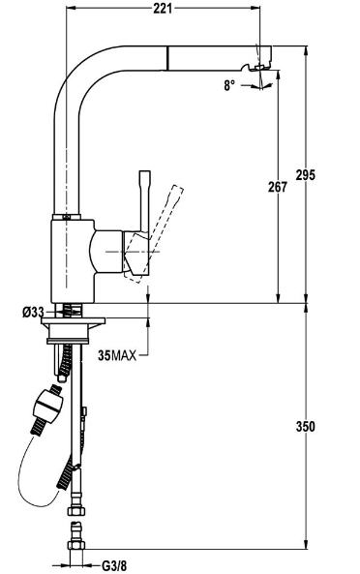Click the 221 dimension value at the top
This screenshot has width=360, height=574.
tap(162, 8)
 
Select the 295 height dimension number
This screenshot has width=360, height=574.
tap(305, 175)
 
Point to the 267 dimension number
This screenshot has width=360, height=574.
tap(278, 187)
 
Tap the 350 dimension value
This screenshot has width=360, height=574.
tap(305, 427)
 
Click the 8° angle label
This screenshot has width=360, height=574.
tap(229, 85)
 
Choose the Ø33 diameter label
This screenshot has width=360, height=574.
tap(33, 313)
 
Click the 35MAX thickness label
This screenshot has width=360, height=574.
tap(117, 355)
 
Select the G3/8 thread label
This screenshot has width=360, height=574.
tap(114, 566)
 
